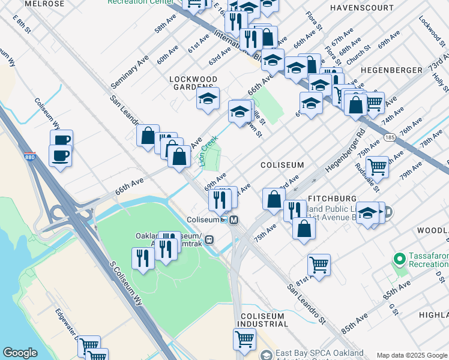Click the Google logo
(x=20, y=353)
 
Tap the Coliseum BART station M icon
(x=234, y=220)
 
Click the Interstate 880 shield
(x=29, y=157)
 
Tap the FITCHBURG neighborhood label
(x=332, y=198)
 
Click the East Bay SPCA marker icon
(x=266, y=354)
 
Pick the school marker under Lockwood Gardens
(x=208, y=98)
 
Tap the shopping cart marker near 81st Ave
(x=319, y=264)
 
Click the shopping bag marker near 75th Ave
(x=305, y=229)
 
